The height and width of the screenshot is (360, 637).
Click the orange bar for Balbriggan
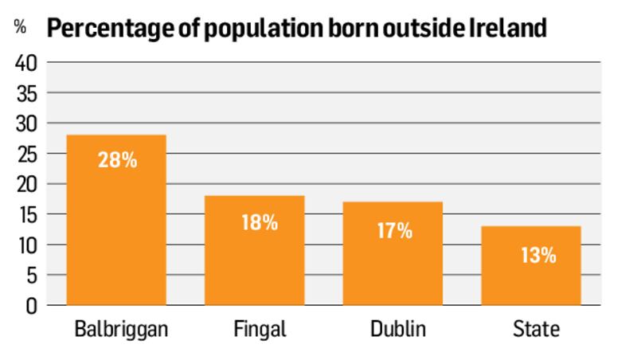(116, 220)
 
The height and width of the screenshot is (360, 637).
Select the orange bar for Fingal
(254, 250)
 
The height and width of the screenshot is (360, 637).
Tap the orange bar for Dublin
(393, 253)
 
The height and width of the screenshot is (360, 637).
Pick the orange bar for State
(531, 265)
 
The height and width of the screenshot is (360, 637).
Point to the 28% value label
(117, 159)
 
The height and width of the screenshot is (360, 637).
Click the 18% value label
(260, 222)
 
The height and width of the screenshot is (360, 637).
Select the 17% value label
(393, 231)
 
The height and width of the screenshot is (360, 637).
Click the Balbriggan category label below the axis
(116, 329)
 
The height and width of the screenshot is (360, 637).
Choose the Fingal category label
(255, 329)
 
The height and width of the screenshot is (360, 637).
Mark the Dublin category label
(393, 329)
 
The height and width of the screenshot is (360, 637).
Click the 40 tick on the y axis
(26, 63)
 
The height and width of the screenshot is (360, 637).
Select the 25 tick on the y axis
(26, 154)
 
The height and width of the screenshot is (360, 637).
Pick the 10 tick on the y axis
(26, 245)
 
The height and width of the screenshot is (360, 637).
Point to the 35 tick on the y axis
(26, 93)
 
